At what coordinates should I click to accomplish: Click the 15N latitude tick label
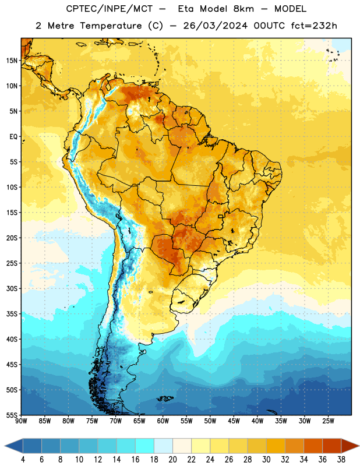[12, 61]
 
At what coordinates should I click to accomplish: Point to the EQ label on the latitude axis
[13, 137]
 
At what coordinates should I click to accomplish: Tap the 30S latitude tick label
[12, 288]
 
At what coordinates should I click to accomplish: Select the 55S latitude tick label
[12, 415]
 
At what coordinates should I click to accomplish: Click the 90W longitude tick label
[21, 421]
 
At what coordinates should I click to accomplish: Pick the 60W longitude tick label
[163, 421]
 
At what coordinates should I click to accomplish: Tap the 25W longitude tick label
[328, 421]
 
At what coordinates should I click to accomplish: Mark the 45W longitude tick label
[234, 421]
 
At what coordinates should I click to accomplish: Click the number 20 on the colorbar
[172, 460]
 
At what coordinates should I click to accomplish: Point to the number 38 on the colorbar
[341, 460]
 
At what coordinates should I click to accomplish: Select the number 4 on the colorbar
[23, 460]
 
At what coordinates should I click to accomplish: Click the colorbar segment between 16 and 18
[145, 446]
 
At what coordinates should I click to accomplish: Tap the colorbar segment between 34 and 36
[313, 446]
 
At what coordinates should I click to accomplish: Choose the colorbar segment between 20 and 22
[182, 446]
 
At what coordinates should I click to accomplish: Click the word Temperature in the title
[111, 26]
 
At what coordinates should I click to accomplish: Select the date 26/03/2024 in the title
[215, 26]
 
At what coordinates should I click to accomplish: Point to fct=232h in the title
[314, 26]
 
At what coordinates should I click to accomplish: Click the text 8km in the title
[243, 9]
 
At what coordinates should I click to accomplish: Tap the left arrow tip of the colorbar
[5, 446]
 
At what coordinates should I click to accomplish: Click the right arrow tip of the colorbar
[359, 446]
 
